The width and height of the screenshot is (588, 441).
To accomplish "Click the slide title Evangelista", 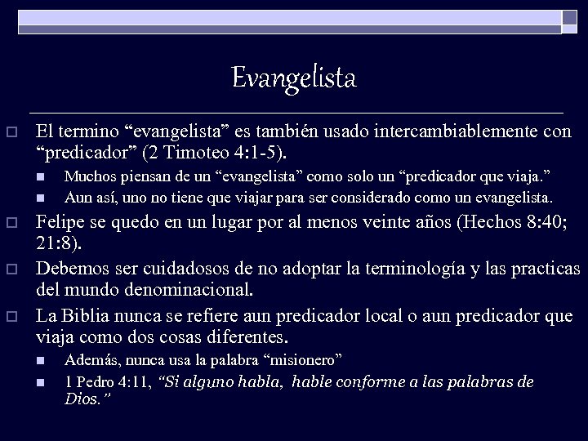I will (294, 78).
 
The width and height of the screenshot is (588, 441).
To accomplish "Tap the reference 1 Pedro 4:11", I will (105, 381).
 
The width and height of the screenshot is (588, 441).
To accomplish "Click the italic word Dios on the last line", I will (82, 399).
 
